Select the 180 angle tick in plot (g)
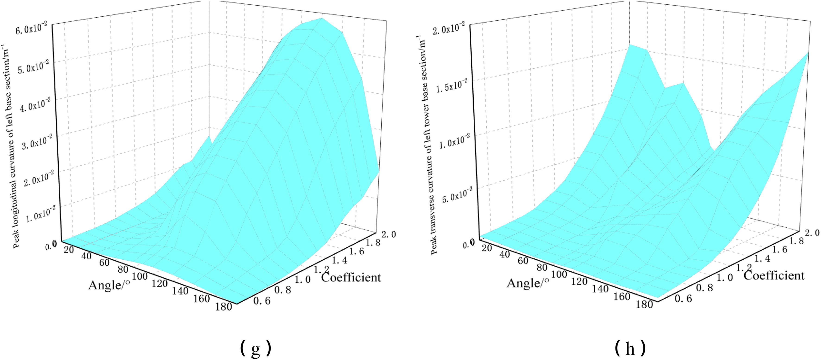(223, 306)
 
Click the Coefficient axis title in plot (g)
(351, 278)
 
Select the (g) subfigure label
(256, 348)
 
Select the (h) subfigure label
(631, 348)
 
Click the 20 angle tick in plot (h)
(487, 248)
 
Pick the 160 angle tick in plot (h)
(622, 296)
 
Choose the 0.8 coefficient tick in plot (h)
(705, 288)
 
